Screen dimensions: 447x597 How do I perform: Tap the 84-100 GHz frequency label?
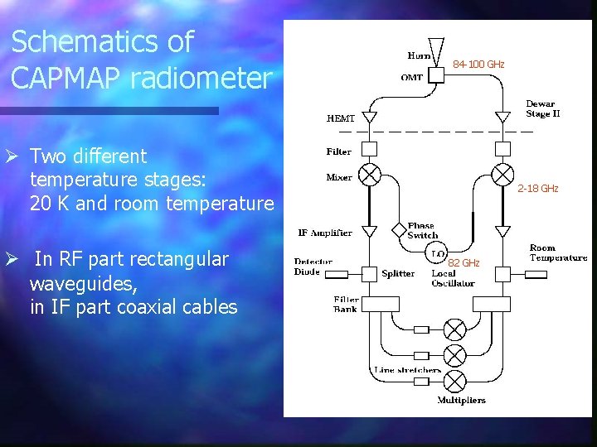pyautogui.click(x=478, y=65)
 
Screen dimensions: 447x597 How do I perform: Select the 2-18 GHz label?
pyautogui.click(x=538, y=189)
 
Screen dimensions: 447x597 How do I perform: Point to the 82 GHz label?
pyautogui.click(x=464, y=263)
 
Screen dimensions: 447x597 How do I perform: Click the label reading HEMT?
pyautogui.click(x=340, y=119)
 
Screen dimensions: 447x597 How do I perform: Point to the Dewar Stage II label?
pyautogui.click(x=542, y=109)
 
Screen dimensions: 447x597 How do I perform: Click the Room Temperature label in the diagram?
pyautogui.click(x=558, y=252)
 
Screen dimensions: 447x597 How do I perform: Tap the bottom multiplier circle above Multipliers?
pyautogui.click(x=454, y=381)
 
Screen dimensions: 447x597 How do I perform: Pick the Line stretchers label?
pyautogui.click(x=407, y=370)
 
